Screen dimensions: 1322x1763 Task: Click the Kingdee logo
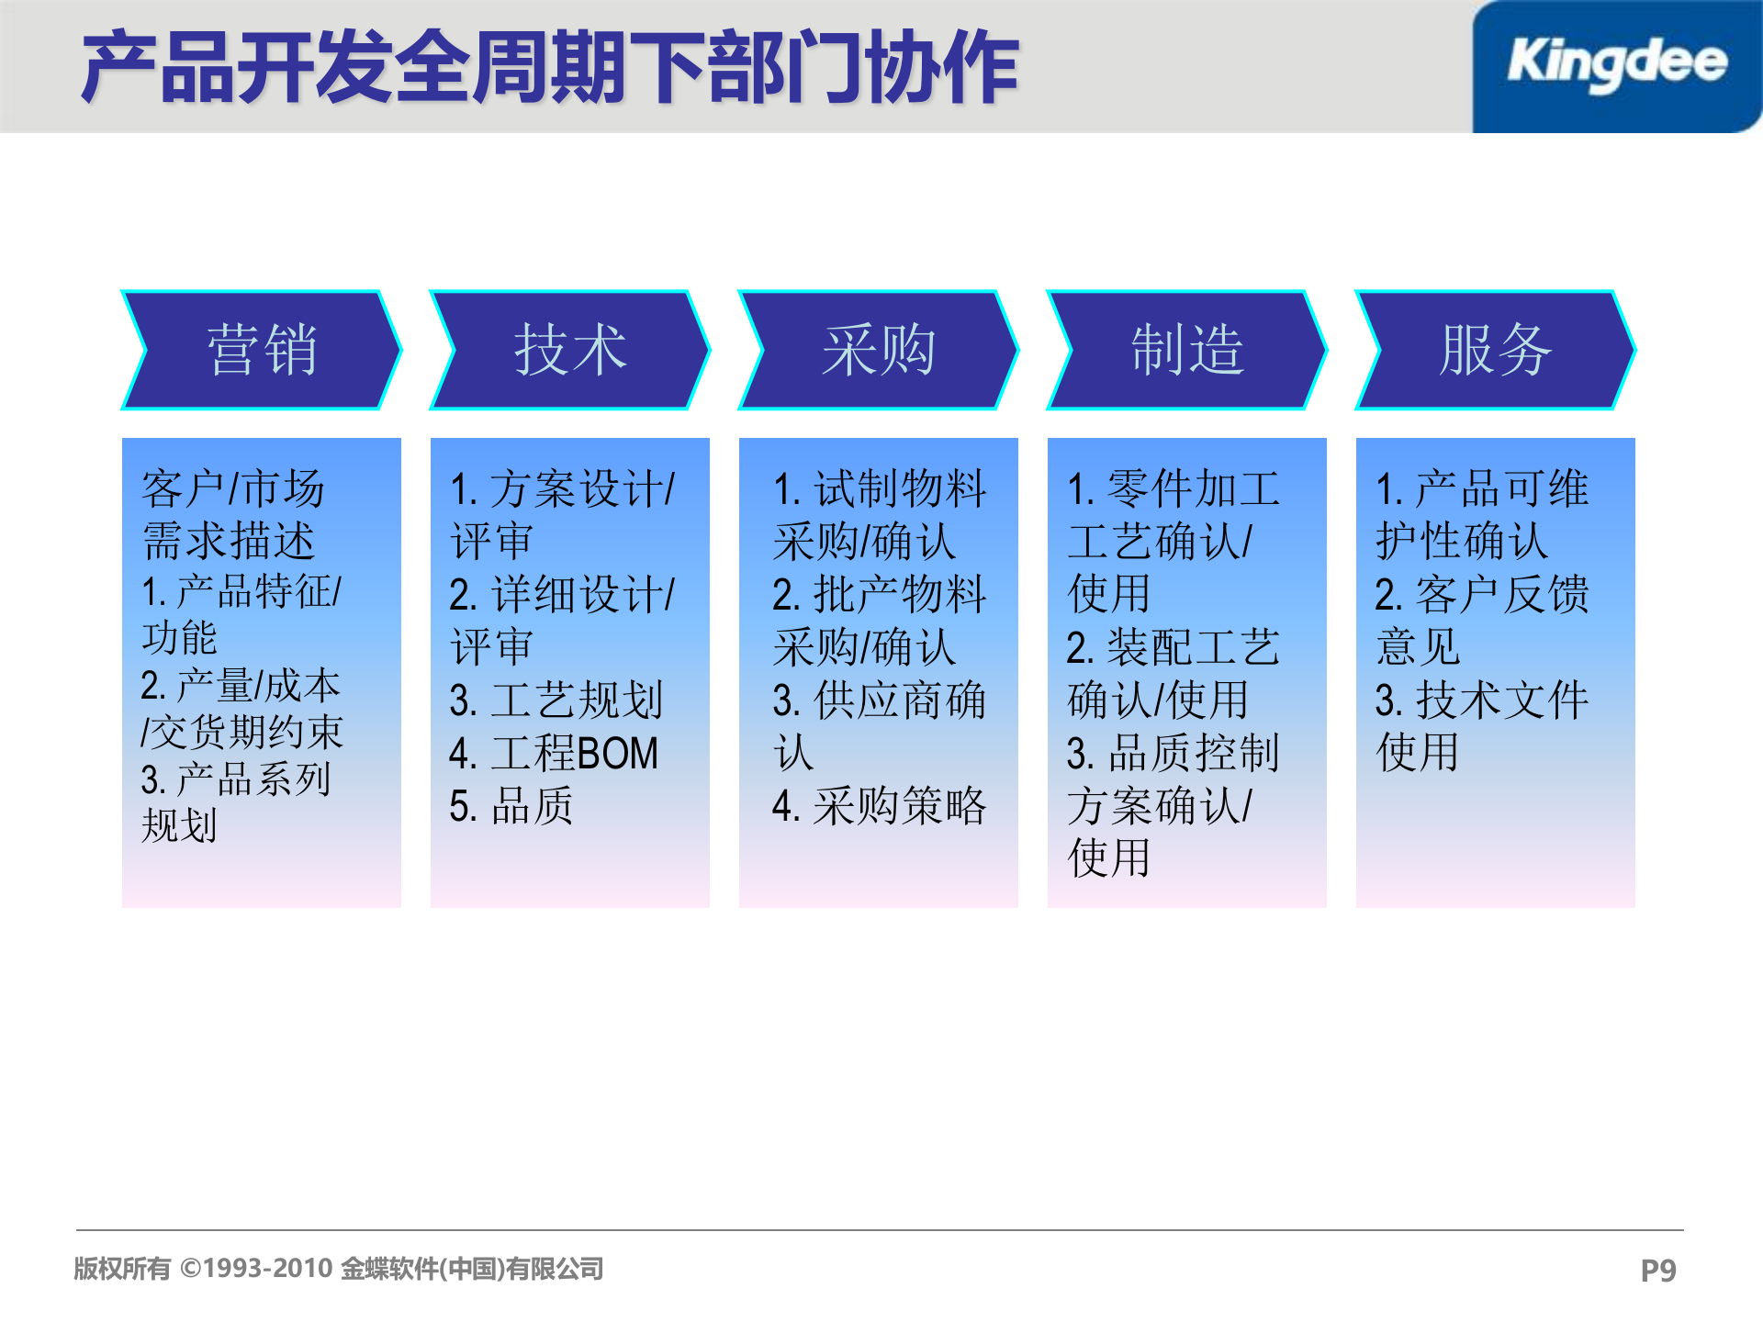tap(1616, 64)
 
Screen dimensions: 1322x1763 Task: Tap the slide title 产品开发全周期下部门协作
tap(549, 68)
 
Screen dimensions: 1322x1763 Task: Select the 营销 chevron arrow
tap(262, 350)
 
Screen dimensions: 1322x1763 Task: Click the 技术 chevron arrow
tap(570, 350)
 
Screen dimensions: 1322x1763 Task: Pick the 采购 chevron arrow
tap(879, 350)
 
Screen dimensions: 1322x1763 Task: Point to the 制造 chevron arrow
tap(1187, 350)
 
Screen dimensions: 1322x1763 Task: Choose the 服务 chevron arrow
tap(1496, 350)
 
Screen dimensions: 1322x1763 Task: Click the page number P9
tap(1657, 1271)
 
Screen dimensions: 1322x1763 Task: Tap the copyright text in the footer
tap(338, 1269)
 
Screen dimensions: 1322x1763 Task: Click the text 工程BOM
tap(574, 754)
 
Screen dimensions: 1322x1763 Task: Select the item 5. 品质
tap(511, 806)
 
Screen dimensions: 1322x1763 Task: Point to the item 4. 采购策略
tap(879, 806)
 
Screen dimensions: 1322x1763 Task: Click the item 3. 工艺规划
tap(556, 700)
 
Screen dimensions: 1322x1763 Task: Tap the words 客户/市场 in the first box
tap(233, 488)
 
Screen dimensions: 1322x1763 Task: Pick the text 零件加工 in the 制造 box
tap(1194, 488)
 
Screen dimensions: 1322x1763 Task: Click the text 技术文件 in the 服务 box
tap(1501, 700)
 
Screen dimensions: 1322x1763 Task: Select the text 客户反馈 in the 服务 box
tap(1501, 595)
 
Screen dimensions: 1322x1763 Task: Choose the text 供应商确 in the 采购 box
tap(900, 700)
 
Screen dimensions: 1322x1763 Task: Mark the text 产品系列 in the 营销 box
tap(253, 779)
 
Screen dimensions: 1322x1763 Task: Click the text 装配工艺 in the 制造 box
tap(1194, 648)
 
